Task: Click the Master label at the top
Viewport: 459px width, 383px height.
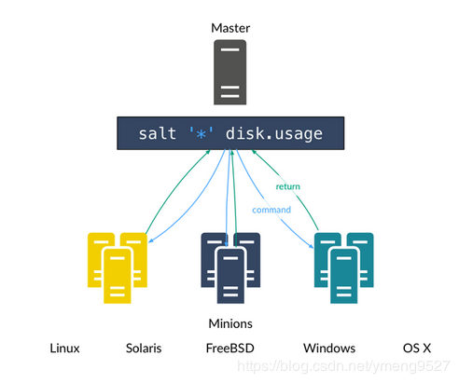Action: [229, 29]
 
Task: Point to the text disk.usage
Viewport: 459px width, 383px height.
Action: [273, 134]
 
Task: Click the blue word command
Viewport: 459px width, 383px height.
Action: [271, 210]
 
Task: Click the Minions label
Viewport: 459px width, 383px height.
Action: [229, 323]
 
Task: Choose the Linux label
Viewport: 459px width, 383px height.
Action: [64, 349]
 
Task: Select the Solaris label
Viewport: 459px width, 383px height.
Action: [144, 349]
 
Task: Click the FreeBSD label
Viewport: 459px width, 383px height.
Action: [229, 349]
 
